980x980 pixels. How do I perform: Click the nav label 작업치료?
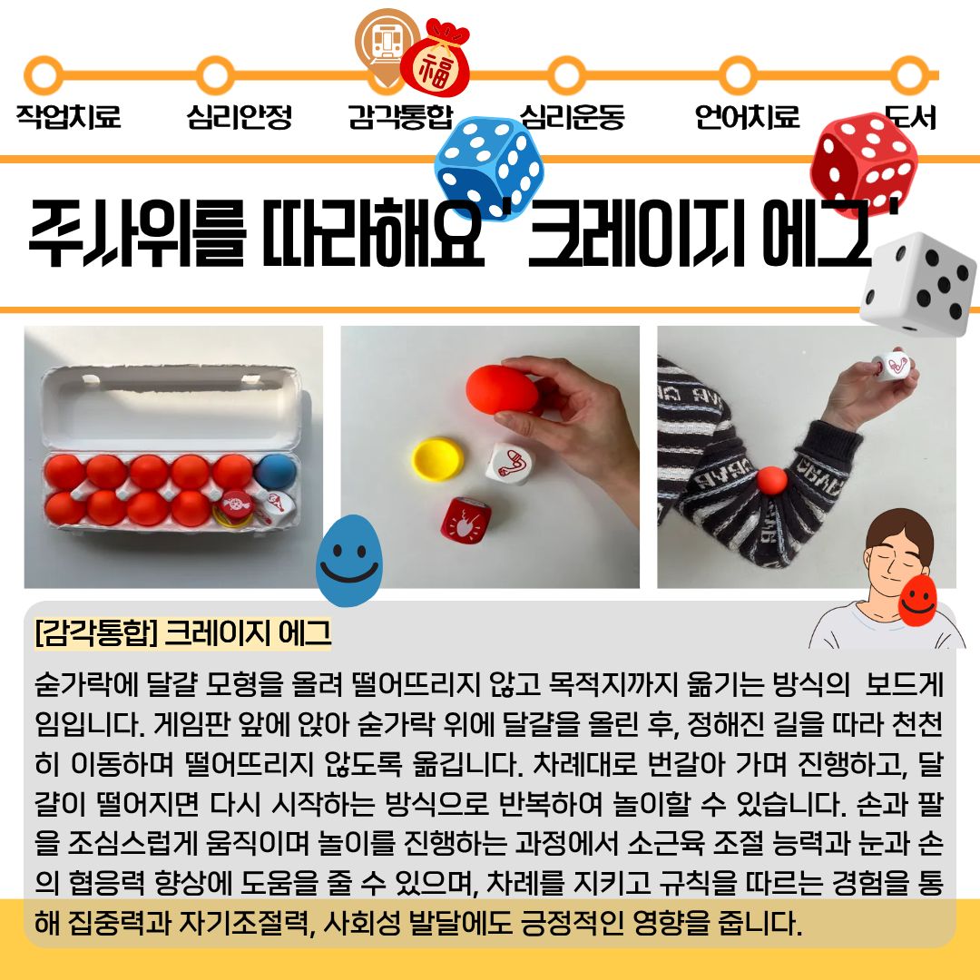[x=68, y=116]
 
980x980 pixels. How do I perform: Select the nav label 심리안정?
[x=240, y=116]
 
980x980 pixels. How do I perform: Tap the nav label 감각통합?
[x=400, y=116]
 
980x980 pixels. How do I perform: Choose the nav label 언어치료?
[x=747, y=116]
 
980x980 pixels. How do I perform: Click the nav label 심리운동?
[x=572, y=116]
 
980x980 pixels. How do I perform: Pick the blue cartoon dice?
[x=489, y=168]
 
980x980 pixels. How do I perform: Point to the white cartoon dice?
[x=917, y=284]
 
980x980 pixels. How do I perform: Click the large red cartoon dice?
[x=864, y=164]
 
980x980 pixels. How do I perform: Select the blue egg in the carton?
[x=276, y=472]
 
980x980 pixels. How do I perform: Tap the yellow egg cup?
[x=436, y=459]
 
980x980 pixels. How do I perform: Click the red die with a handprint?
[x=465, y=519]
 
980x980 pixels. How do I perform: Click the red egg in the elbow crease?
[x=772, y=481]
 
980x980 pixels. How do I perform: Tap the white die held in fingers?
[x=891, y=366]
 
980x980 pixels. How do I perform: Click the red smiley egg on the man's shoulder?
[x=917, y=600]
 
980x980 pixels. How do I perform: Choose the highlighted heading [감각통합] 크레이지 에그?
[x=183, y=633]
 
